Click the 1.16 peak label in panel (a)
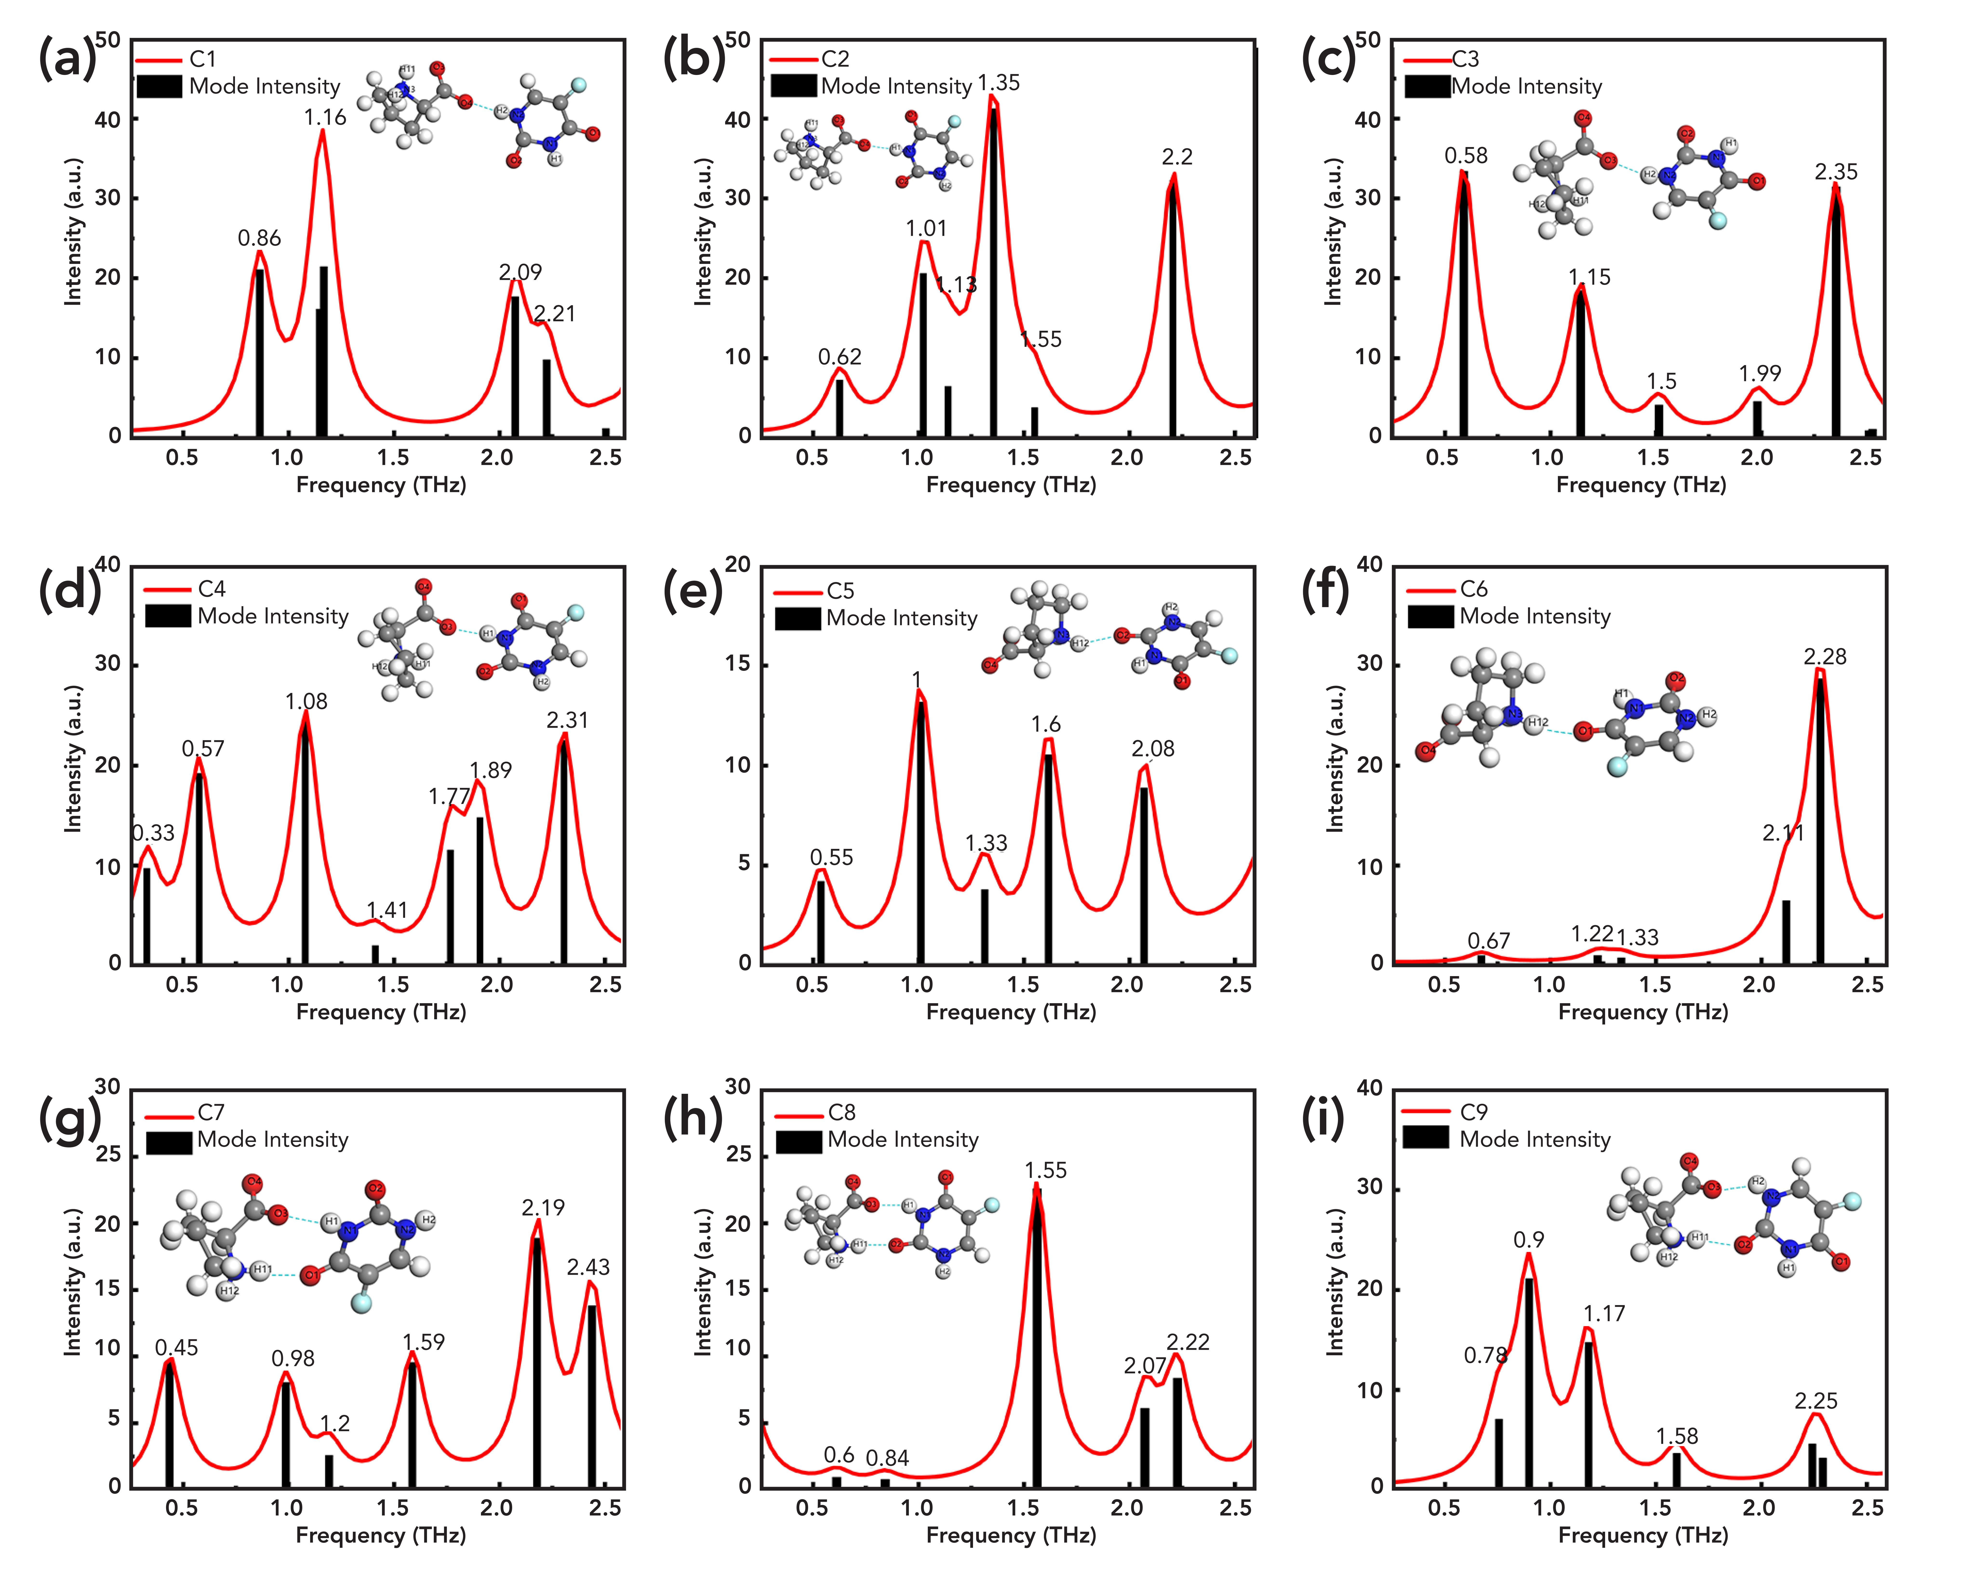click(325, 117)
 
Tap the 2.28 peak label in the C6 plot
click(1825, 657)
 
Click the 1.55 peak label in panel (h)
click(1046, 1171)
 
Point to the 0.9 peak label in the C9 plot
click(1528, 1240)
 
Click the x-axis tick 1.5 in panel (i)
click(1654, 1509)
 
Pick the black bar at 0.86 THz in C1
click(260, 353)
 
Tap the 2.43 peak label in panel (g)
click(588, 1268)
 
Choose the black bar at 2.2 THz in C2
click(1173, 311)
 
